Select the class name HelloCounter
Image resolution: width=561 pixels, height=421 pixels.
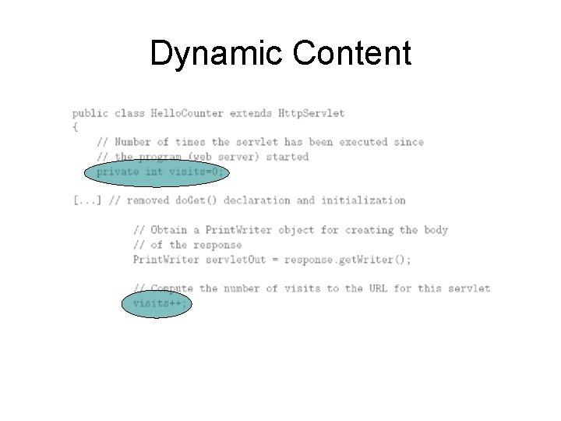[x=164, y=113]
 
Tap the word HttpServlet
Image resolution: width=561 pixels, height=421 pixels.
[x=311, y=113]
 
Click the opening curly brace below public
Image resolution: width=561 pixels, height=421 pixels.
[x=76, y=126]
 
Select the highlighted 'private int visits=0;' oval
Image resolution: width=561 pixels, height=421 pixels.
[x=159, y=172]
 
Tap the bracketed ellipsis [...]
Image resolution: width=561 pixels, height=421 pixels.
[x=87, y=200]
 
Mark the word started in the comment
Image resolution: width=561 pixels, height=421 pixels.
[x=288, y=157]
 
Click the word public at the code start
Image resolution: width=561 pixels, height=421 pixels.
[x=90, y=113]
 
